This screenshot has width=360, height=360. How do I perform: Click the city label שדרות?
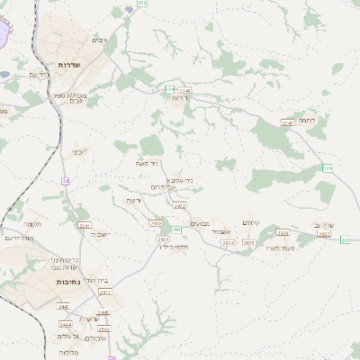(69, 66)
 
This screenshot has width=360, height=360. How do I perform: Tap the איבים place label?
(100, 40)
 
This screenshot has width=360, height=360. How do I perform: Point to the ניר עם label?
(38, 74)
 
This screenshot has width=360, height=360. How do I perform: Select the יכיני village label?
(77, 152)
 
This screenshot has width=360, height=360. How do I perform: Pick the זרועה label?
(133, 200)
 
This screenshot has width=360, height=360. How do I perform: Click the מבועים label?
(202, 223)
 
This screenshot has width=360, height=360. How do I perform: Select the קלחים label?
(251, 222)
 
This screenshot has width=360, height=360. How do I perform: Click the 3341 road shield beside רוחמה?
(287, 122)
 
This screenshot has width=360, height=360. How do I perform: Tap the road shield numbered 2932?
(179, 205)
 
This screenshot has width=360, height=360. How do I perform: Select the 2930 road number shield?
(157, 223)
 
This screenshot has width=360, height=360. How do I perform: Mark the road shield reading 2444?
(65, 323)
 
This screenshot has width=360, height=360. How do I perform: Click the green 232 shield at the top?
(142, 4)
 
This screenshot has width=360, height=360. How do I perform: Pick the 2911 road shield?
(105, 292)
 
